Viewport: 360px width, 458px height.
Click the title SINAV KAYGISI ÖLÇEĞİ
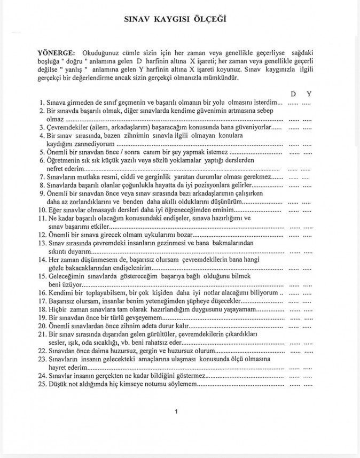[176, 19]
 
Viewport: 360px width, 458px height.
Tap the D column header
[293, 94]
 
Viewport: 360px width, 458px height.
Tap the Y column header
[309, 94]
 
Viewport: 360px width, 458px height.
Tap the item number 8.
[42, 184]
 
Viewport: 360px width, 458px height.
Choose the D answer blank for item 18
[294, 309]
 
